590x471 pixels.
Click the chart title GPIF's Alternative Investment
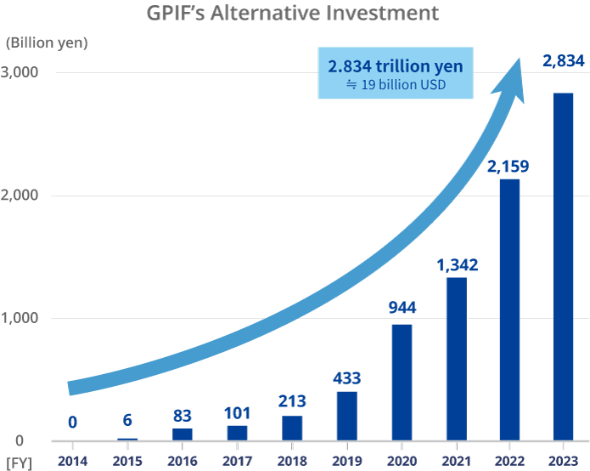point(295,14)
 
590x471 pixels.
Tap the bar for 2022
point(509,309)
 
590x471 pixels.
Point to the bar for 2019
point(346,416)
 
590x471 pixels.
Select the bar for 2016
point(182,434)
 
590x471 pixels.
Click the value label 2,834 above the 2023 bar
point(564,60)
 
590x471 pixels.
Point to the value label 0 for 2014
point(73,422)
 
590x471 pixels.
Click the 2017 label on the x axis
point(237,460)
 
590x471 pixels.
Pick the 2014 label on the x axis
point(73,460)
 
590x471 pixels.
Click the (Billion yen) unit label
point(47,42)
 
